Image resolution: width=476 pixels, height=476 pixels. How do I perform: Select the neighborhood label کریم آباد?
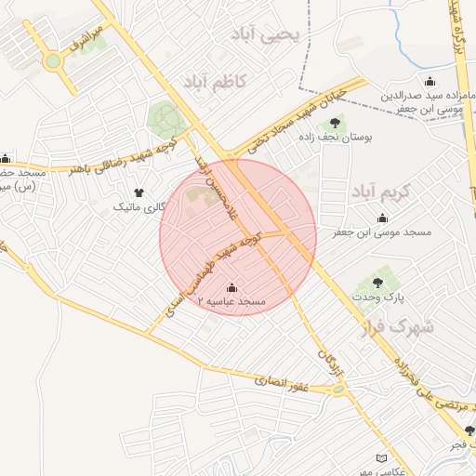click(380, 192)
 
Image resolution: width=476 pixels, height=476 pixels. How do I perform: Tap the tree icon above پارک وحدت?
click(378, 282)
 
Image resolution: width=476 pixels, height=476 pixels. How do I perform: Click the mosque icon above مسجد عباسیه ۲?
click(231, 288)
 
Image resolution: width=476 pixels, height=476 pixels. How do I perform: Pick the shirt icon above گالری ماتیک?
click(139, 192)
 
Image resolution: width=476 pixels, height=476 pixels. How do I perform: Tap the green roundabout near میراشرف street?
click(52, 62)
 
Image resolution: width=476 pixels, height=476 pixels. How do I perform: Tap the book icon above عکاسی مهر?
click(380, 457)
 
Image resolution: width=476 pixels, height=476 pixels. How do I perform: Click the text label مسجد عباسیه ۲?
click(232, 303)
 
